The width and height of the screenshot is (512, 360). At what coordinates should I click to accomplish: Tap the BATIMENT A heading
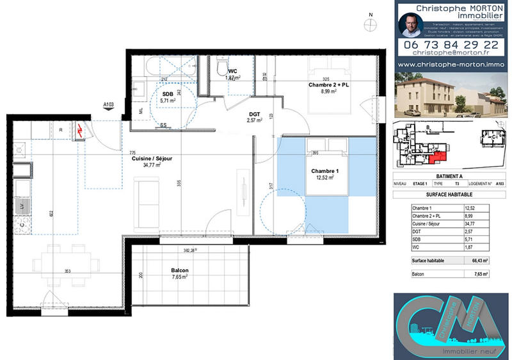(x=440, y=176)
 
